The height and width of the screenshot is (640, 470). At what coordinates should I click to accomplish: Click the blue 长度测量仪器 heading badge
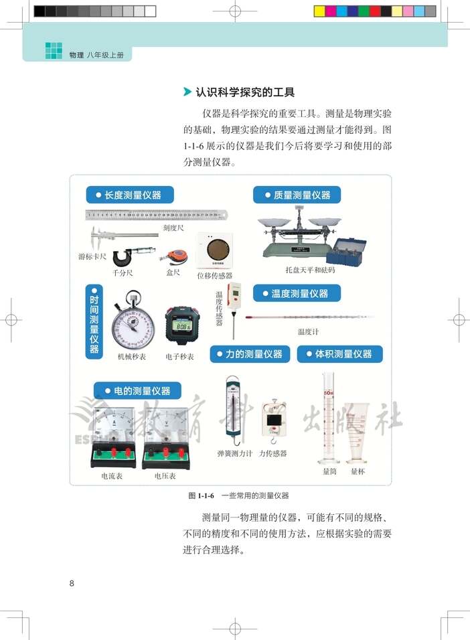[130, 195]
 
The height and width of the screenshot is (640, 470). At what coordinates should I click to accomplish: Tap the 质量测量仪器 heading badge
[297, 195]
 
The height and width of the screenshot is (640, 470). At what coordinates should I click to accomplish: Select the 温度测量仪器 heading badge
[297, 293]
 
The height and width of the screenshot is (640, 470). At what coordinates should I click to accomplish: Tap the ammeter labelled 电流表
[112, 436]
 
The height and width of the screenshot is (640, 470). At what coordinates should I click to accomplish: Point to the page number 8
[72, 582]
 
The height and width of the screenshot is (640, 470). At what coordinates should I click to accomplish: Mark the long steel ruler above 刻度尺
[156, 215]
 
